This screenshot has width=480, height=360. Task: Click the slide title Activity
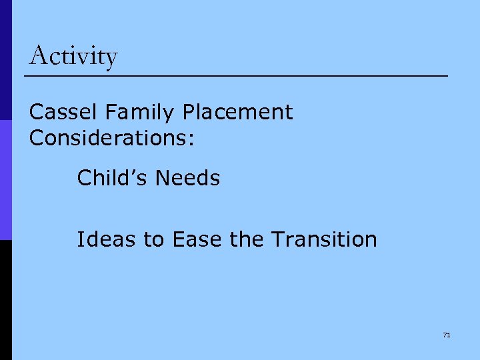coord(73,56)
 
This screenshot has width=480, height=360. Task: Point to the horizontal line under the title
coord(236,77)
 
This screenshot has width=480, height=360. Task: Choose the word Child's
coord(113,178)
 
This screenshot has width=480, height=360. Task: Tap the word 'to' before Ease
coord(154,239)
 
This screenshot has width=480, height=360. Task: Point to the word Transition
coord(324,239)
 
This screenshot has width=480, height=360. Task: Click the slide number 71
coord(446,335)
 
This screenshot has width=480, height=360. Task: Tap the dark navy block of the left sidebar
coord(5,60)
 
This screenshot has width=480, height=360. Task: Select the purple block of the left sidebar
coord(5,180)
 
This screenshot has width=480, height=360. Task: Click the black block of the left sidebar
coord(5,300)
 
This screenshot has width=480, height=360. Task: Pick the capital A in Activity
coord(39,55)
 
